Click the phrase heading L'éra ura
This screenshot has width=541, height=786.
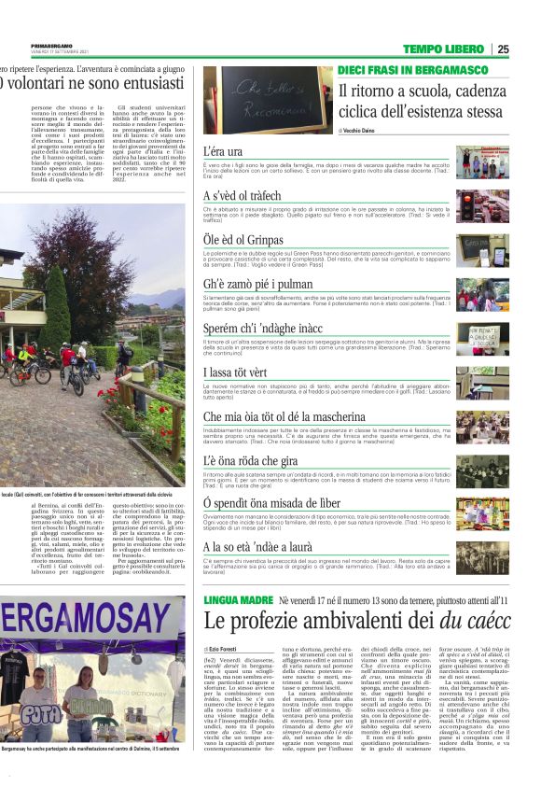click(x=223, y=150)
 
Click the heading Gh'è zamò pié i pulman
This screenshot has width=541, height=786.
click(x=257, y=283)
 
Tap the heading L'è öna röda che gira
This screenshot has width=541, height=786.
click(x=247, y=460)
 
